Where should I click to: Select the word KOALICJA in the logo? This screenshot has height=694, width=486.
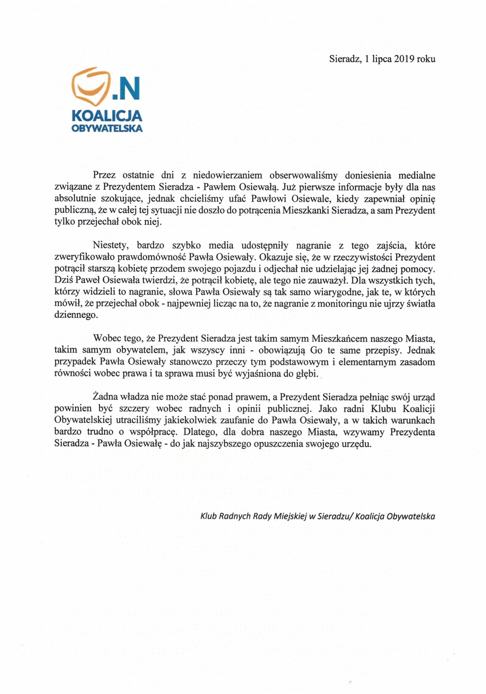tap(107, 116)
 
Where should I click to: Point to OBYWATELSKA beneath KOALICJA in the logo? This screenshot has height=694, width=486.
tap(107, 129)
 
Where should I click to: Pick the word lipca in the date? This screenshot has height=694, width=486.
tap(382, 59)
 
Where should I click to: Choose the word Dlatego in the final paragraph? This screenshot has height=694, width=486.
tap(199, 432)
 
